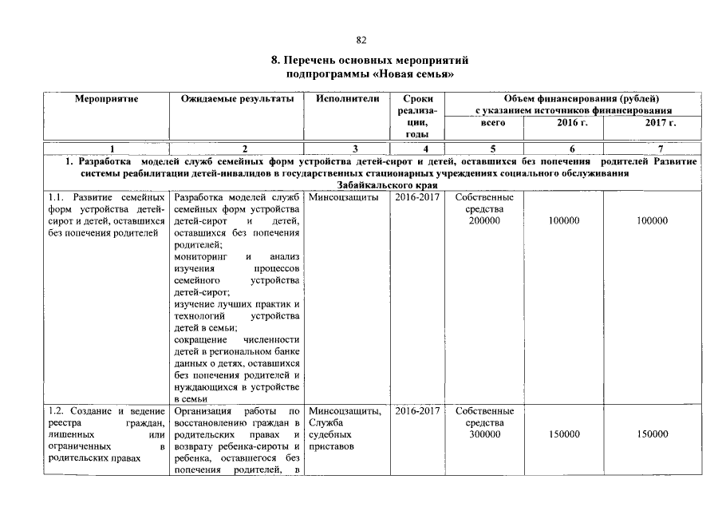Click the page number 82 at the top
tap(361, 40)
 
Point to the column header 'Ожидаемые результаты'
tap(237, 98)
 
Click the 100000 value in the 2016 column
tap(564, 220)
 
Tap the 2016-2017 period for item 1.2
tap(416, 410)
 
